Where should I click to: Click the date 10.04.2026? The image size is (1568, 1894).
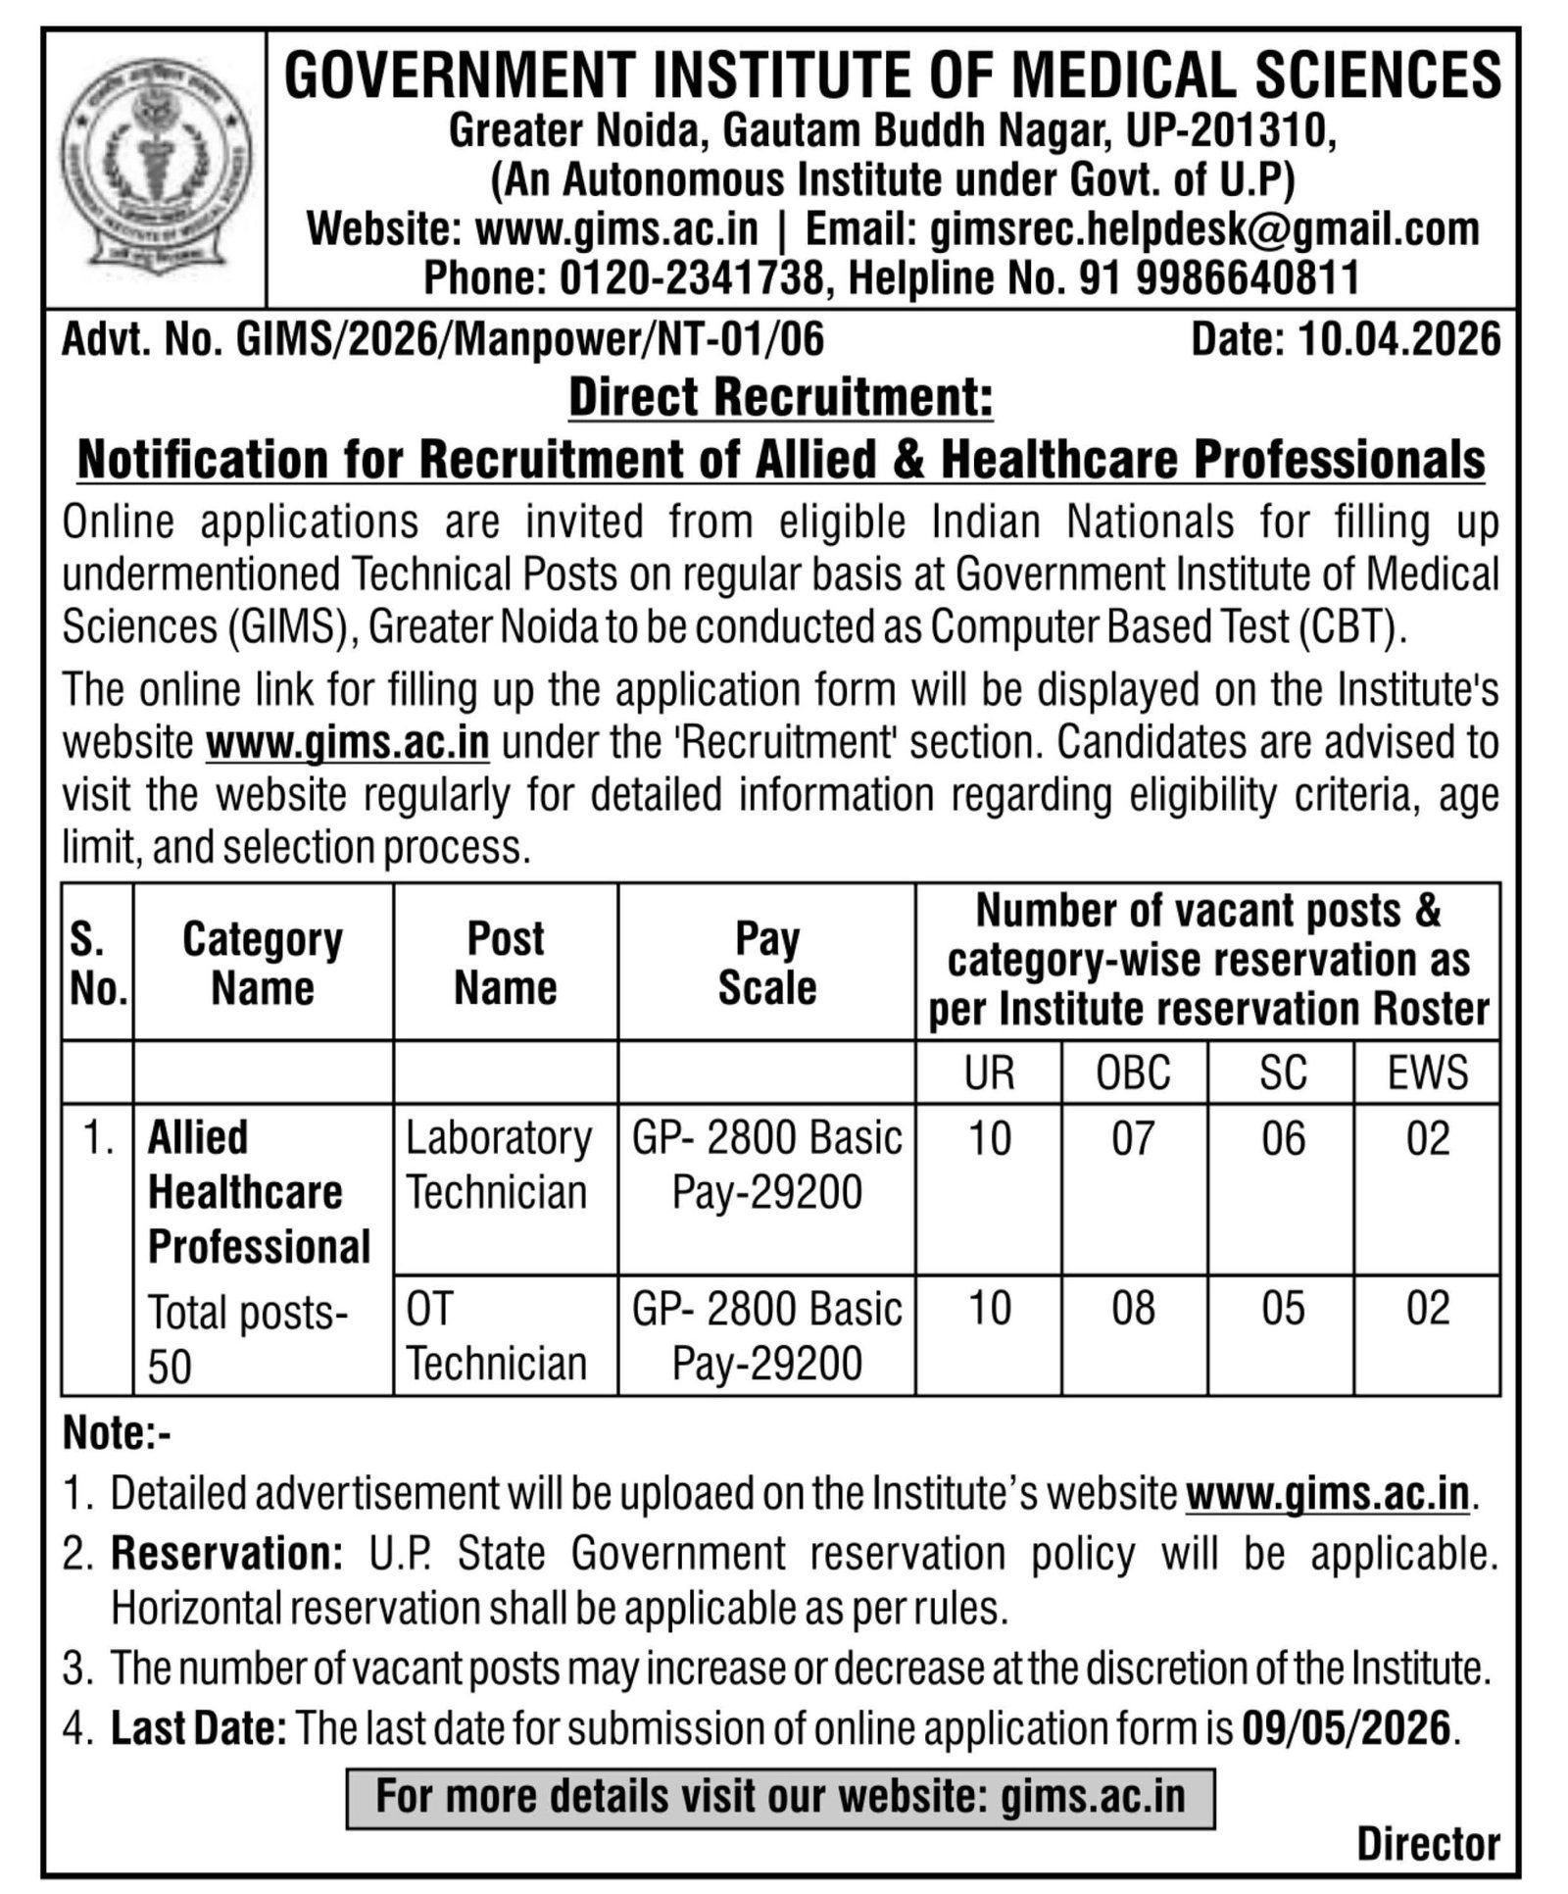1399,340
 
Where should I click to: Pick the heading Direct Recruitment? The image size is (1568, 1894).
781,398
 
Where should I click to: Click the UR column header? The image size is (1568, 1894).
988,1072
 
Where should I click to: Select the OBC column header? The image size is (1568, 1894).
1133,1072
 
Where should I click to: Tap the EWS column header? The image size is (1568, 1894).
1427,1072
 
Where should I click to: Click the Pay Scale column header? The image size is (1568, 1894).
766,963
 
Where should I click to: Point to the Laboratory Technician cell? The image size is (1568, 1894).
499,1165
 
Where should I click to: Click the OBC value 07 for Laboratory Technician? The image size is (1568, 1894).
1133,1139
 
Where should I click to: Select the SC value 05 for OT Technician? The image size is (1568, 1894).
1282,1309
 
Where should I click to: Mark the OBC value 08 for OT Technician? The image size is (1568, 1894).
1133,1309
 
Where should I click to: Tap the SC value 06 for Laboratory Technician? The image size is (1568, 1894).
1282,1139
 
